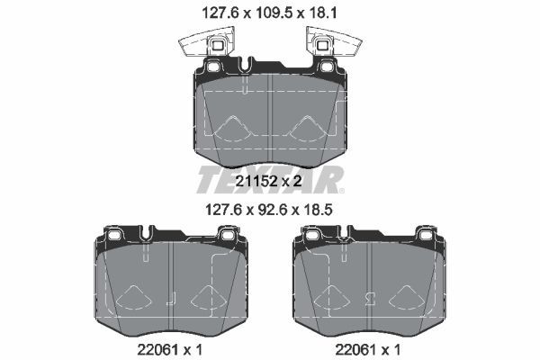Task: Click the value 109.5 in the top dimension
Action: [x=271, y=13]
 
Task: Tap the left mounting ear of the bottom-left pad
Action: [x=115, y=236]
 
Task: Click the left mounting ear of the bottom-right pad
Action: [x=311, y=236]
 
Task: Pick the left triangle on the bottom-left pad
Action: [x=132, y=296]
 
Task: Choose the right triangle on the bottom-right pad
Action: [x=404, y=296]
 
